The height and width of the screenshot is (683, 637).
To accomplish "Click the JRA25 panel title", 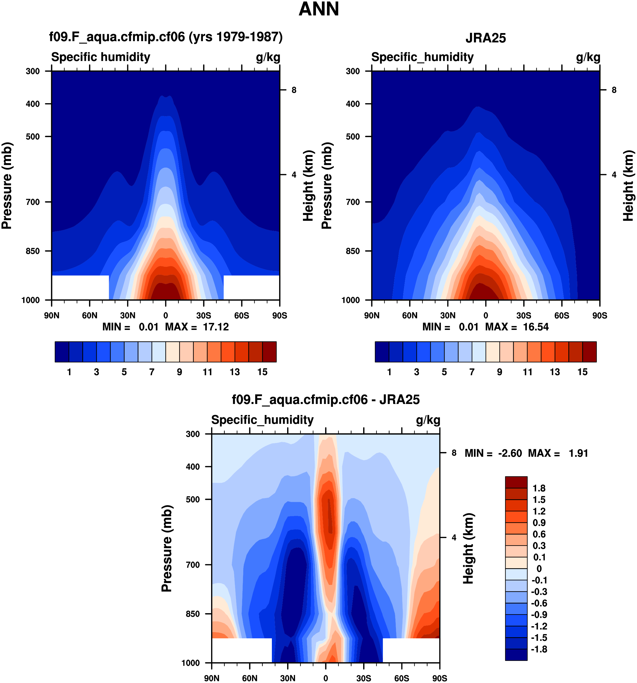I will [x=485, y=38].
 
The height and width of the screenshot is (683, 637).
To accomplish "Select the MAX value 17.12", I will [x=216, y=327].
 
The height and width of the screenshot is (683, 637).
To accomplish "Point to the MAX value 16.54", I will [x=536, y=327].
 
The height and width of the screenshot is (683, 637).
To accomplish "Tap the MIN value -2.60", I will [x=510, y=453].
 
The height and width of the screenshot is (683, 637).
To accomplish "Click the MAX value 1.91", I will [x=578, y=453].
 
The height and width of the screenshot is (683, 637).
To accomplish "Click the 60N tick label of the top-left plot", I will [x=90, y=315].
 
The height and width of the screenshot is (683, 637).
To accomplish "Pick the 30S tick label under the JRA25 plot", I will [x=524, y=315].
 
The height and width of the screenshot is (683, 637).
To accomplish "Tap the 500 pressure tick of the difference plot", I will [x=193, y=499].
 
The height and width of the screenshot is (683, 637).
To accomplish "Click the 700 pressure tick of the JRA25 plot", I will [x=353, y=202].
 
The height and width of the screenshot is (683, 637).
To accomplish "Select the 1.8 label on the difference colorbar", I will [x=539, y=488].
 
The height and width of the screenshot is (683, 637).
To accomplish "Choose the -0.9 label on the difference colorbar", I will [x=539, y=614].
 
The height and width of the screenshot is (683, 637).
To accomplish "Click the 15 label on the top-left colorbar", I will [x=262, y=372].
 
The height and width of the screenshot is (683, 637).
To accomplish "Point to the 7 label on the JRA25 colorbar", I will [x=472, y=372].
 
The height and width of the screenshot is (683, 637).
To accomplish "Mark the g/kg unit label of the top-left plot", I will [x=268, y=57].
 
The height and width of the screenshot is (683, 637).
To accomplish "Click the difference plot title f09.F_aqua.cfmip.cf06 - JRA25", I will [x=326, y=400].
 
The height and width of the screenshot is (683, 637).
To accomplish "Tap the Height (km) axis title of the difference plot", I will [x=468, y=549].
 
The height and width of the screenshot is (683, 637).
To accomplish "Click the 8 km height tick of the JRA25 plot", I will [x=614, y=90].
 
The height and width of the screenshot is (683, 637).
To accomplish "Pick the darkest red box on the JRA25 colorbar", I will [x=589, y=352].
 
